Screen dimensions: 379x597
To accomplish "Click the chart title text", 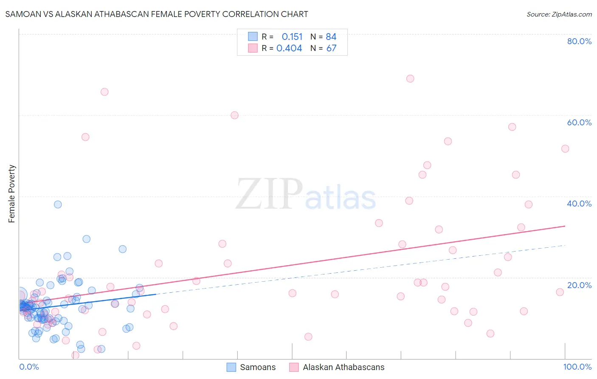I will click(157, 14).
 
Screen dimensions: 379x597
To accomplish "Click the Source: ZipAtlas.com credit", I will click(559, 14).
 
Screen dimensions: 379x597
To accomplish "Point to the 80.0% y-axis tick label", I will click(579, 41).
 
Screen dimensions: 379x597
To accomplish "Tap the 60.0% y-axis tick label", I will click(579, 122).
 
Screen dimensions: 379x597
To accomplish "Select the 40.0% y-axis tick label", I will click(579, 204).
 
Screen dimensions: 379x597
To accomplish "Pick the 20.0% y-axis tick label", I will click(579, 285).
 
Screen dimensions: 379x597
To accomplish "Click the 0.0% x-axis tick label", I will click(29, 367).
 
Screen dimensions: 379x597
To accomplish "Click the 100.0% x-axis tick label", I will click(577, 367).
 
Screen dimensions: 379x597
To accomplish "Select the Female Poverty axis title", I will click(12, 194).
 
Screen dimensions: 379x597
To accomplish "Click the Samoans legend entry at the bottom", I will click(257, 367).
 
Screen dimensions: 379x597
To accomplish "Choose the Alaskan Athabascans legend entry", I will click(343, 367).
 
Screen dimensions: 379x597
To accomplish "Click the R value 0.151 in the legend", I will click(292, 37).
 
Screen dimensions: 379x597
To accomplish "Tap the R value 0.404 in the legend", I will click(289, 48).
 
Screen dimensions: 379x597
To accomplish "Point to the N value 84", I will click(331, 37).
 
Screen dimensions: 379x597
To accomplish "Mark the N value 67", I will click(331, 48).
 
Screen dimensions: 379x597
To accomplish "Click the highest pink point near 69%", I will click(410, 79).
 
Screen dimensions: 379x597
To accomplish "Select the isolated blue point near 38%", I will click(58, 204).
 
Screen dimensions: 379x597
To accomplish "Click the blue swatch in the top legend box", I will click(253, 37).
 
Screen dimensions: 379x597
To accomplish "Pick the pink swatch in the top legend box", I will click(253, 48).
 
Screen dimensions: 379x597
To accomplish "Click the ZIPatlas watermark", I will click(306, 195).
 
